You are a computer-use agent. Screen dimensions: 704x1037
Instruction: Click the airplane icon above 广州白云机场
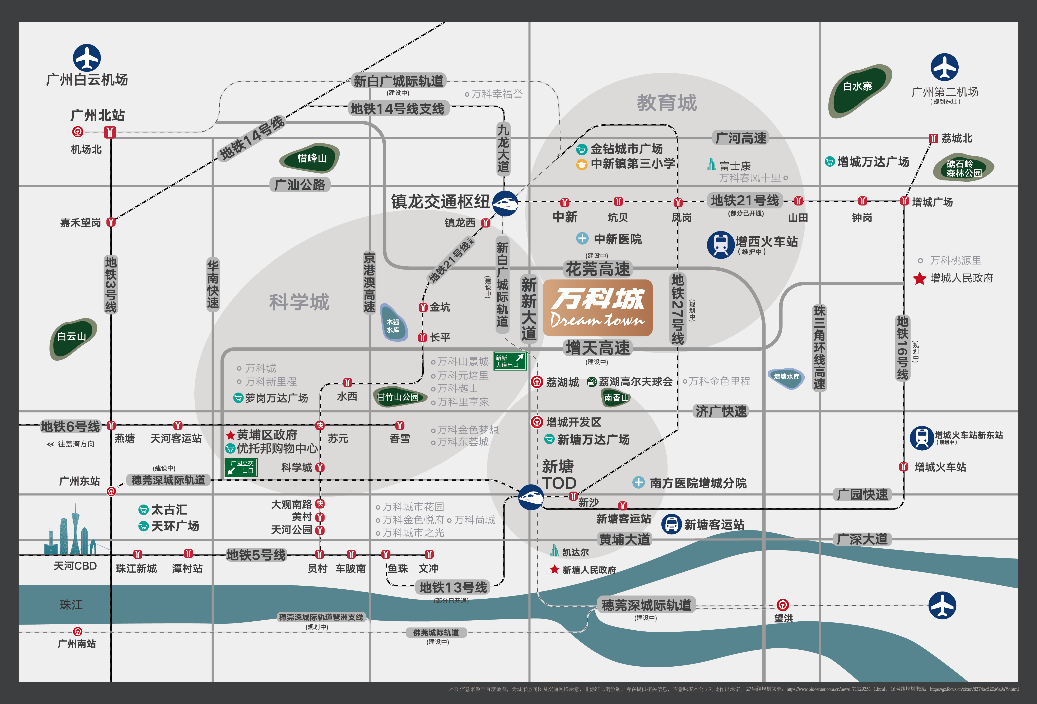pyautogui.click(x=87, y=57)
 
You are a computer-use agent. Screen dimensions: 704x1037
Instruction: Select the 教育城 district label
pyautogui.click(x=667, y=103)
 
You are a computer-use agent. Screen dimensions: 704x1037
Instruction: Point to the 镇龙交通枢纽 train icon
pyautogui.click(x=505, y=203)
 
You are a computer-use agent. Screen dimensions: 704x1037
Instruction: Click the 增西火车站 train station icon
pyautogui.click(x=720, y=244)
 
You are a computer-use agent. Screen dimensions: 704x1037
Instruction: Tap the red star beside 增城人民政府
pyautogui.click(x=919, y=279)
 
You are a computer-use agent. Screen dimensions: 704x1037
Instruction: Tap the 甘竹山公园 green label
pyautogui.click(x=397, y=397)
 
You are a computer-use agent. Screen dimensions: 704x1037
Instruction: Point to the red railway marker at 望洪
pyautogui.click(x=782, y=605)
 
